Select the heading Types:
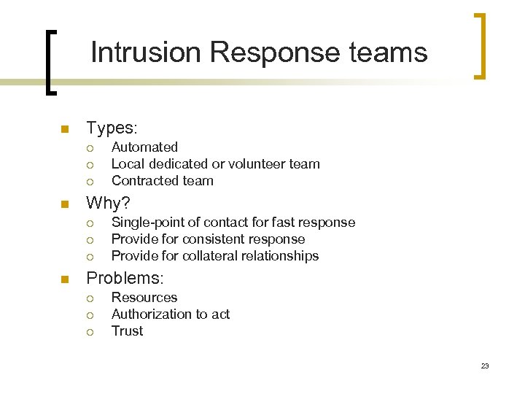[112, 128]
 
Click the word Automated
[144, 147]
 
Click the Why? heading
[109, 204]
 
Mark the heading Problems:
[125, 279]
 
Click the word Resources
[144, 298]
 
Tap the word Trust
[127, 331]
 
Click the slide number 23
[485, 366]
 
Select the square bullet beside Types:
[64, 130]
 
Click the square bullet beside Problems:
[64, 279]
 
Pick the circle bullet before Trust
[89, 332]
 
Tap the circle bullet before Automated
[89, 148]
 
